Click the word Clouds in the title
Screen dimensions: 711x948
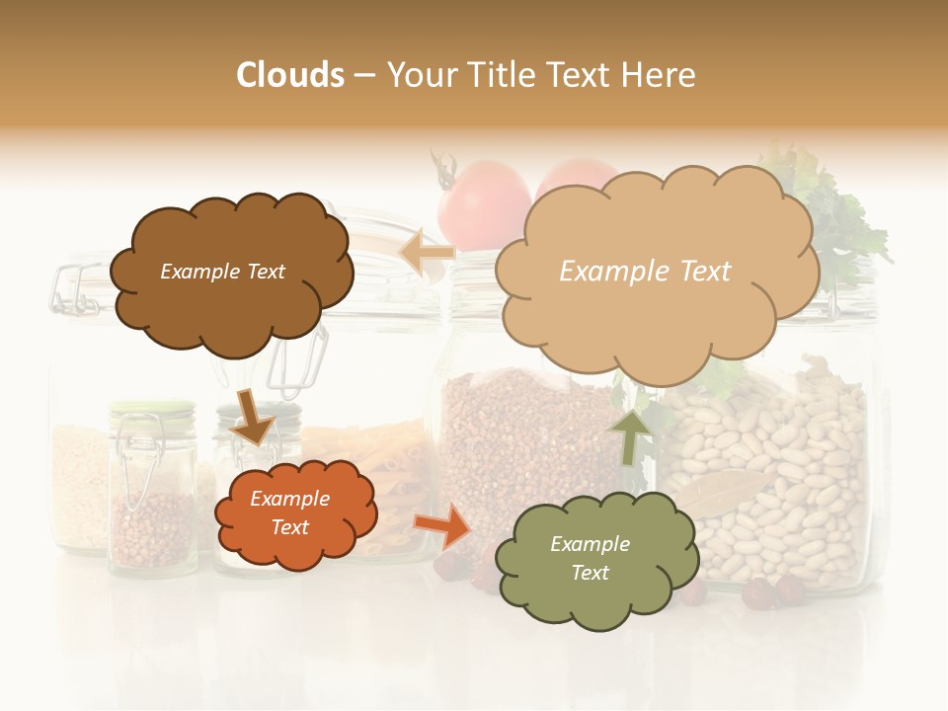pyautogui.click(x=289, y=75)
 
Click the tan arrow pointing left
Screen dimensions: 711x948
pyautogui.click(x=427, y=253)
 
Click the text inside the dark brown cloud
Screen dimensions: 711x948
pyautogui.click(x=222, y=272)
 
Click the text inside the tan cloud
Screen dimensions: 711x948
pyautogui.click(x=645, y=272)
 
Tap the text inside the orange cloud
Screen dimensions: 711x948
pyautogui.click(x=289, y=513)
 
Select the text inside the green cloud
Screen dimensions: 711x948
pyautogui.click(x=590, y=558)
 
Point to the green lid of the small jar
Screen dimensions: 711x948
pyautogui.click(x=151, y=407)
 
